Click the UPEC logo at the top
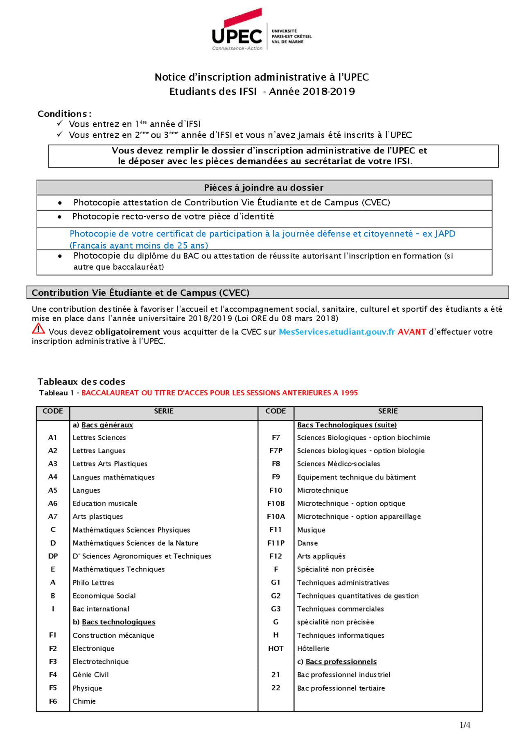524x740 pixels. (x=261, y=30)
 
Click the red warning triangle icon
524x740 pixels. (x=38, y=328)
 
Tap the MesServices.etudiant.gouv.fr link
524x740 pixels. (x=337, y=332)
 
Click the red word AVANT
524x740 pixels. (x=412, y=332)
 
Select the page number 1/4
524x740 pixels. (x=465, y=725)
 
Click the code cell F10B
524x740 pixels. (x=276, y=503)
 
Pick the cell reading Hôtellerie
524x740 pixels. (x=313, y=648)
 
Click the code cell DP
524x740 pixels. (x=53, y=556)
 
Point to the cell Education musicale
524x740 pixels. (x=105, y=503)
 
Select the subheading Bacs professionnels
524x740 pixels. (x=341, y=661)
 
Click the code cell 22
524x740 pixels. (x=276, y=688)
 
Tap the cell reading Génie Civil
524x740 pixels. (x=90, y=675)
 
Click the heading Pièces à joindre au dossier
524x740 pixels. (x=264, y=187)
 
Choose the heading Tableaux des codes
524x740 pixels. (x=81, y=382)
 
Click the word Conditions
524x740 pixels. (x=62, y=114)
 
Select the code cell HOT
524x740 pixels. (x=276, y=648)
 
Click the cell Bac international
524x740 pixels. (x=101, y=609)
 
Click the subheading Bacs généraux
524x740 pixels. (x=107, y=425)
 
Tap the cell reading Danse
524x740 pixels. (x=307, y=543)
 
